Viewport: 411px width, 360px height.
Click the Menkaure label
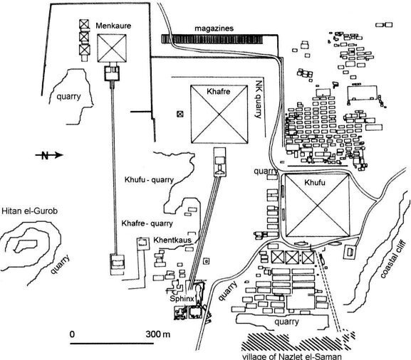[x=113, y=26]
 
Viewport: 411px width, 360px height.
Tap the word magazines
[x=214, y=28]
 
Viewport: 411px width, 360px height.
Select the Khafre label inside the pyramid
[x=219, y=91]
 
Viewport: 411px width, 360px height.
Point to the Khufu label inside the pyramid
[x=315, y=182]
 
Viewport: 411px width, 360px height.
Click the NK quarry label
[x=259, y=99]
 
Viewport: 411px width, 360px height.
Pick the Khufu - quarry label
[x=149, y=180]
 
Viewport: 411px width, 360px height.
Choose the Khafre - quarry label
[x=147, y=223]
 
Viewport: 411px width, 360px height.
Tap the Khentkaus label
[x=172, y=240]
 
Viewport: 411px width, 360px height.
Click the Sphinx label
[x=182, y=299]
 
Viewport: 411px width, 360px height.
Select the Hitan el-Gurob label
[x=29, y=211]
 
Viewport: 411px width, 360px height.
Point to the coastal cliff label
[x=392, y=259]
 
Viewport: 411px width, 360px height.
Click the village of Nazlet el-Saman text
[x=291, y=356]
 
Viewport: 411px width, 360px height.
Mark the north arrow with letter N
[x=49, y=155]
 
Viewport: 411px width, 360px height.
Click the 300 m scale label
[x=158, y=334]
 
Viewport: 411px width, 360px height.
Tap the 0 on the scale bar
[x=72, y=334]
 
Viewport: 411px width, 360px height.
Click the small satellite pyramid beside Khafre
[x=180, y=114]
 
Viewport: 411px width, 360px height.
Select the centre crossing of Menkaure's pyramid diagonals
[x=112, y=48]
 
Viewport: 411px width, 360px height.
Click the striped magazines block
[x=212, y=39]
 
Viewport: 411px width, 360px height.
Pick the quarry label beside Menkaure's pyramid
[x=68, y=97]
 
